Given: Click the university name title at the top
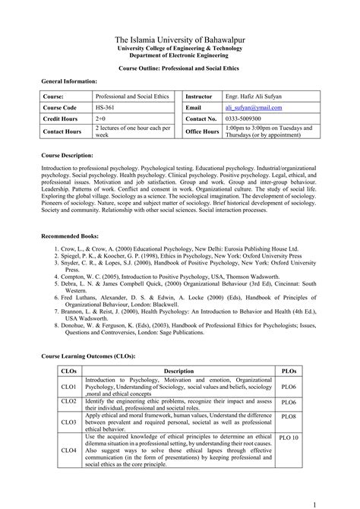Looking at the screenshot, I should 179,39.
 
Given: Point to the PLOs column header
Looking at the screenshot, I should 289,371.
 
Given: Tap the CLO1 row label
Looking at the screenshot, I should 68,387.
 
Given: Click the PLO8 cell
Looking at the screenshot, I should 289,416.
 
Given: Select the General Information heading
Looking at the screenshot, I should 69,81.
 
